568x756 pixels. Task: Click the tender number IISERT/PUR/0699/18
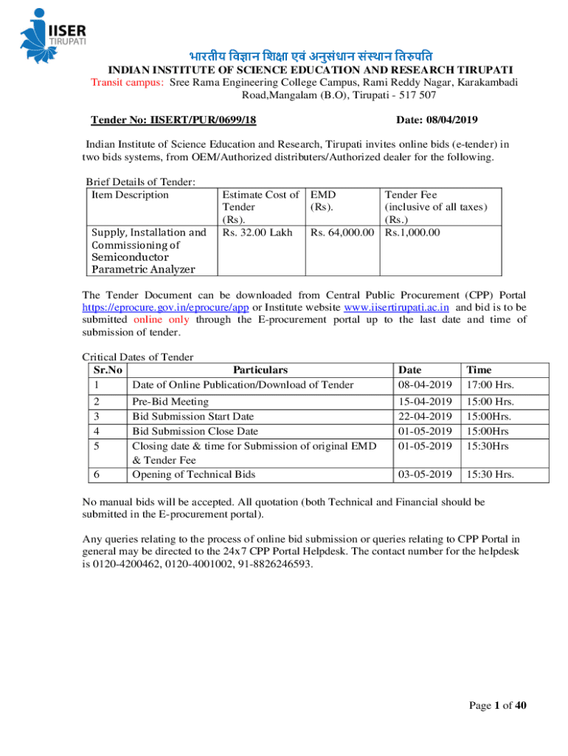pyautogui.click(x=173, y=120)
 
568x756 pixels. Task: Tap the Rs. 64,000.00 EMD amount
pyautogui.click(x=343, y=233)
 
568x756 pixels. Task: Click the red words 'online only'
pyautogui.click(x=162, y=320)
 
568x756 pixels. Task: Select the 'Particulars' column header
pyautogui.click(x=260, y=370)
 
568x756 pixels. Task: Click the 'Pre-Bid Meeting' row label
pyautogui.click(x=170, y=402)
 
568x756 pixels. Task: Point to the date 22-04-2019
pyautogui.click(x=425, y=416)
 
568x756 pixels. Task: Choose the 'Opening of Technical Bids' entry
pyautogui.click(x=193, y=474)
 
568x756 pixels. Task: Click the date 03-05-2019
pyautogui.click(x=425, y=474)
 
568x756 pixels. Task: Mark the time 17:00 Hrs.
pyautogui.click(x=489, y=385)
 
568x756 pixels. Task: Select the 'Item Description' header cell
pyautogui.click(x=130, y=195)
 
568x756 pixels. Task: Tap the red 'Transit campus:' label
pyautogui.click(x=127, y=83)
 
